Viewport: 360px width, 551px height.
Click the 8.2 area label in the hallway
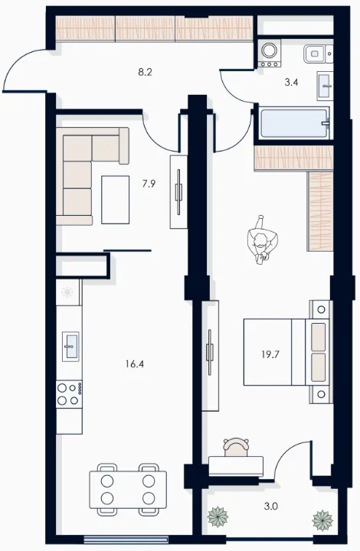(145, 73)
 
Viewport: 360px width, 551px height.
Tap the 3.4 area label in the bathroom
(291, 83)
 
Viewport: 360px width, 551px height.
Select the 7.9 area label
(149, 184)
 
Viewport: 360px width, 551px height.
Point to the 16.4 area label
(135, 364)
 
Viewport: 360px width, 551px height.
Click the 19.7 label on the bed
(270, 354)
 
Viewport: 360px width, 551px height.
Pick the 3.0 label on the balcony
(270, 507)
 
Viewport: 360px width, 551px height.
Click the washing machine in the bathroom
(270, 53)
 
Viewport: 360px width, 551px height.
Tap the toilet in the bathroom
(318, 54)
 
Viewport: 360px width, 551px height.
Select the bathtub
(295, 123)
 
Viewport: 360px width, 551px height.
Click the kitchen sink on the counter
(70, 346)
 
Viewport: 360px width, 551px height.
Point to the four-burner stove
(69, 394)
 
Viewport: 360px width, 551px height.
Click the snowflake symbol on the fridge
(67, 292)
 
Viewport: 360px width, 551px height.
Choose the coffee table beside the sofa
(116, 200)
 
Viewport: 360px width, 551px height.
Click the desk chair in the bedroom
(236, 447)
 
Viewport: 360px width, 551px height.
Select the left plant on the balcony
(218, 517)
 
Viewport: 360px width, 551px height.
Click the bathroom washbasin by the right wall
(325, 86)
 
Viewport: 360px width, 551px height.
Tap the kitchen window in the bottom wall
(126, 539)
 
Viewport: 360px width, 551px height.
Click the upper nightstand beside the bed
(321, 310)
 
